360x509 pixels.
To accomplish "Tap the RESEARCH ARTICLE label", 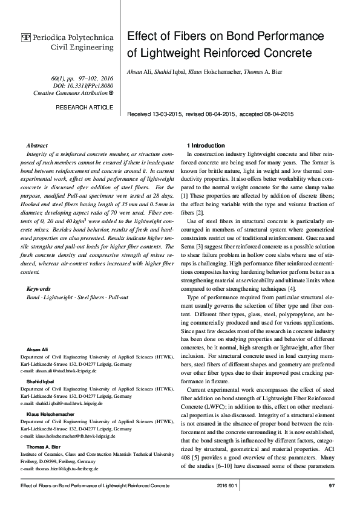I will click(84, 107).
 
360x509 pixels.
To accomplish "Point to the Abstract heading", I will click(38, 146).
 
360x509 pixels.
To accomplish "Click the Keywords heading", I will click(39, 289).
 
